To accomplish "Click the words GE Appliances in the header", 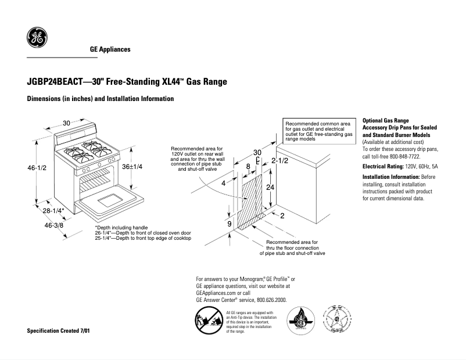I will (110, 49).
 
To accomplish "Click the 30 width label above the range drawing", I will (66, 123).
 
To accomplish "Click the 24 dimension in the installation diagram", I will (270, 188).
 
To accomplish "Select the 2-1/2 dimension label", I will (280, 160).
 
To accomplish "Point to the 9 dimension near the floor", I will (229, 224).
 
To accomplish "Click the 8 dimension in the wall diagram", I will (248, 167).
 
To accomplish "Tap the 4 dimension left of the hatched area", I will (223, 183).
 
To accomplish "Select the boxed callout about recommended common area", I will (318, 132).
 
